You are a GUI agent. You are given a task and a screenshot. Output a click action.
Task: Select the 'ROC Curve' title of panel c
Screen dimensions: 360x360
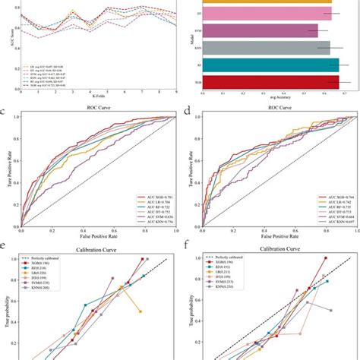point(99,112)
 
